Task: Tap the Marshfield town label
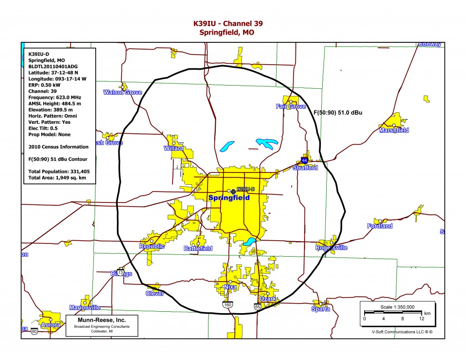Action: click(394, 130)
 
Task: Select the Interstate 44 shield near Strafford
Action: click(304, 160)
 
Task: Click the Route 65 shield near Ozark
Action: click(258, 307)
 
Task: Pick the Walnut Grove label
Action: click(123, 92)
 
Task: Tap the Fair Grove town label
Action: click(291, 106)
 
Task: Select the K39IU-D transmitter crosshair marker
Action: click(233, 192)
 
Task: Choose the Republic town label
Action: click(152, 247)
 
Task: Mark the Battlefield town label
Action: click(198, 248)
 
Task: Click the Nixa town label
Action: click(230, 287)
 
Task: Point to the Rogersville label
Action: click(331, 248)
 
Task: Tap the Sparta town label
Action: click(320, 309)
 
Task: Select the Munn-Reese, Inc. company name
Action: click(101, 320)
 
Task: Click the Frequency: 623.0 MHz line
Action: click(55, 97)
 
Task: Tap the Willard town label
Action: click(173, 148)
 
